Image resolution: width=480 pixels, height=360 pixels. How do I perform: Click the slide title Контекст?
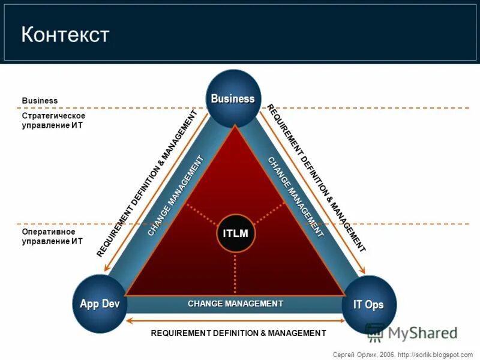coord(65,34)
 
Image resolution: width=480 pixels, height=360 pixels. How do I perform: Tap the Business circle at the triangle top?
coord(233,98)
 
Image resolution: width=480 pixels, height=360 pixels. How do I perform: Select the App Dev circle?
coord(100,304)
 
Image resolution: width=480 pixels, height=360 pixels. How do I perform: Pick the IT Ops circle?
coord(368,305)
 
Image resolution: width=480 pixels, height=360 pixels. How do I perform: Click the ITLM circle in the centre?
coord(236,233)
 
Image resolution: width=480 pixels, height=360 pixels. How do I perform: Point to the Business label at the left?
coord(40,100)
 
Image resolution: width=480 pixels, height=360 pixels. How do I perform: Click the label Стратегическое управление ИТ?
coord(53,121)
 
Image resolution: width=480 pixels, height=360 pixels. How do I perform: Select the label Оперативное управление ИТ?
coord(52,236)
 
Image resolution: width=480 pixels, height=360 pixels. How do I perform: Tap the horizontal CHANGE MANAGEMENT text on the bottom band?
coord(235,304)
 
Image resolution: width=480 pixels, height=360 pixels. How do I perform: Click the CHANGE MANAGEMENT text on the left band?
coord(175,196)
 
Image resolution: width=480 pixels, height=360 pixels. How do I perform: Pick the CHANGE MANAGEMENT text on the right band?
coord(296,196)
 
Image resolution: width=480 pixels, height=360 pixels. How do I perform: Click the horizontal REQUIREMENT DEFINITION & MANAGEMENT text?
coord(238,333)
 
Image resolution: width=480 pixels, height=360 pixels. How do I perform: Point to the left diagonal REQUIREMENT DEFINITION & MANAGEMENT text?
coord(146,184)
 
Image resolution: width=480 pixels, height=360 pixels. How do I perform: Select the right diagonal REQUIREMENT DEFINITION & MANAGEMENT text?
coord(316,178)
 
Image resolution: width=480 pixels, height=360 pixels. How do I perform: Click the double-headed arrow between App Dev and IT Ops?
coord(236,320)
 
